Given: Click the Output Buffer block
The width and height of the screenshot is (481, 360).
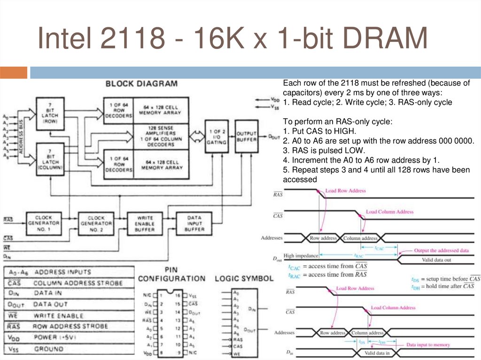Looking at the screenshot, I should pyautogui.click(x=246, y=137).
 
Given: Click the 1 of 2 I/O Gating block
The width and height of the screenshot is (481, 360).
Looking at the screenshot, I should pyautogui.click(x=217, y=136).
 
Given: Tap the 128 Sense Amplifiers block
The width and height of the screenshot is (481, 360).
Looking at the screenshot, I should pyautogui.click(x=161, y=137).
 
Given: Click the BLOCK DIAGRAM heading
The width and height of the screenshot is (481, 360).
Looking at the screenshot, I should pyautogui.click(x=141, y=84).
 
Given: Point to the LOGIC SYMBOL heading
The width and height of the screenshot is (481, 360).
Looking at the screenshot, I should pyautogui.click(x=243, y=278).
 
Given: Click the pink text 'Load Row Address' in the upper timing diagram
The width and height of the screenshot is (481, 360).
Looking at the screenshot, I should pyautogui.click(x=346, y=191).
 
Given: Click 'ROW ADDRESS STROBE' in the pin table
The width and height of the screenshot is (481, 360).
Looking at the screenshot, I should pyautogui.click(x=70, y=326).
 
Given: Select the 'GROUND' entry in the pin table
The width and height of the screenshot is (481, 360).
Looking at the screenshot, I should pyautogui.click(x=49, y=349).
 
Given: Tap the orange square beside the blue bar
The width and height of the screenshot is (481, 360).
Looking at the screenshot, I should pyautogui.click(x=14, y=73).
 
